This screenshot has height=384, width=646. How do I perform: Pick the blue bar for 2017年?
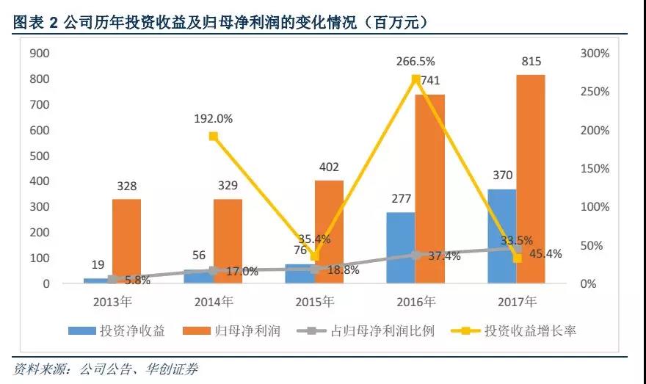tap(502, 236)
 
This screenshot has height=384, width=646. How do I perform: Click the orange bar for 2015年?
tap(329, 231)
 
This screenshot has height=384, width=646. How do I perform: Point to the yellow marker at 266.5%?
tap(416, 79)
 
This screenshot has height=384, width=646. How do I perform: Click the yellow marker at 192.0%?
tap(213, 137)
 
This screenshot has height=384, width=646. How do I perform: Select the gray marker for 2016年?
tap(416, 255)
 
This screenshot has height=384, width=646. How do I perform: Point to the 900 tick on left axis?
tap(39, 54)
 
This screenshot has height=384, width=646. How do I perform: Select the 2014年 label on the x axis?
tap(213, 302)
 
